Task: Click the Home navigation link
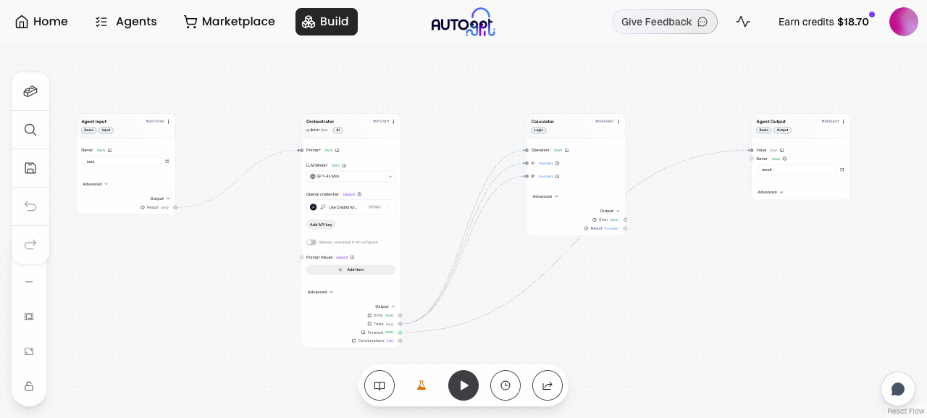(x=41, y=22)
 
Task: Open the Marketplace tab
(x=230, y=22)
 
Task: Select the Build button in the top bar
(x=326, y=22)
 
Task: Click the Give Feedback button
(x=664, y=22)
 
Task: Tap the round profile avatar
(x=903, y=22)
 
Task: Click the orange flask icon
(x=421, y=385)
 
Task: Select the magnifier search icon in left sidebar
(x=30, y=130)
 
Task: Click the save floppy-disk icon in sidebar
(x=30, y=168)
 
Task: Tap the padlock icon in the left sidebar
(x=29, y=386)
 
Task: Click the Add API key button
(x=321, y=225)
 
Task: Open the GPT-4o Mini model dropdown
(x=351, y=176)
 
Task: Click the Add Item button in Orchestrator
(x=351, y=269)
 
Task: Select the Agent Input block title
(x=94, y=122)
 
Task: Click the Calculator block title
(x=542, y=122)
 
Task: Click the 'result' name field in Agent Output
(x=796, y=170)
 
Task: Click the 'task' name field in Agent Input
(x=121, y=162)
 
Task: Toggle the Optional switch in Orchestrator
(x=311, y=242)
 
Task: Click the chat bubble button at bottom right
(x=898, y=389)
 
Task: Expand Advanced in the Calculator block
(x=545, y=196)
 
